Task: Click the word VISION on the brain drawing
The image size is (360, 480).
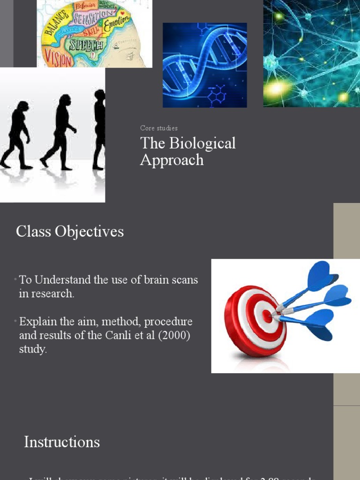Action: (59, 60)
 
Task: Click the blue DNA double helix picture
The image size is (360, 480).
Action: (204, 65)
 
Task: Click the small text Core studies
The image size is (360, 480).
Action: (158, 128)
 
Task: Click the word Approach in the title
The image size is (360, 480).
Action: (172, 160)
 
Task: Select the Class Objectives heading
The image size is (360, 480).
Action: (70, 231)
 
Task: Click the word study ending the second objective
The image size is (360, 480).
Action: (32, 350)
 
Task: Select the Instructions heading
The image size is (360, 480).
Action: (62, 442)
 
